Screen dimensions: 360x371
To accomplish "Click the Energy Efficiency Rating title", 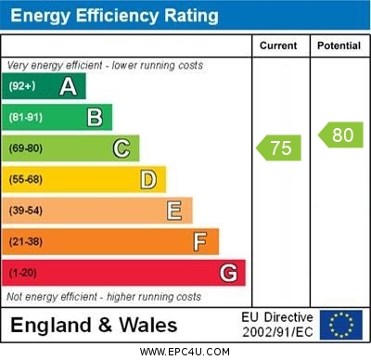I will tap(114, 16).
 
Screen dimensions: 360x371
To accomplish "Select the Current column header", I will tap(278, 45).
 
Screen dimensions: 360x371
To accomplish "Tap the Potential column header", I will tap(339, 45).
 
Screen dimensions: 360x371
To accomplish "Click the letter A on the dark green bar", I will tap(68, 86).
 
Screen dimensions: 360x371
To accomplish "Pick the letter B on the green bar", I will tap(95, 117).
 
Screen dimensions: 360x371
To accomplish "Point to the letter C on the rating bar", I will tap(122, 148).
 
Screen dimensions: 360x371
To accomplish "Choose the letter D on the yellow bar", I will tap(148, 179).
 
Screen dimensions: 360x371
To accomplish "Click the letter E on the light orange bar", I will tap(174, 211).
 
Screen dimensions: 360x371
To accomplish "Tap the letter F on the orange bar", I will tap(200, 242).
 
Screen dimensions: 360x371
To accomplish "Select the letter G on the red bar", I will tap(228, 273).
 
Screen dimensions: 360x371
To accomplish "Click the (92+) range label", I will tap(22, 86).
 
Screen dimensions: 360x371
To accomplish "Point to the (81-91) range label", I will tap(25, 117).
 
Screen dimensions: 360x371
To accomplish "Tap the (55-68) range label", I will tap(26, 179).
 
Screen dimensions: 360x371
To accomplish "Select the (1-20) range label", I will tap(23, 274).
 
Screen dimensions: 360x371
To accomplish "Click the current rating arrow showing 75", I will tap(279, 148).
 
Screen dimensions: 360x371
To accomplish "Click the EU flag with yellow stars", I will tap(341, 324).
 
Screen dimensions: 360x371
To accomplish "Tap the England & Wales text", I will tap(94, 325).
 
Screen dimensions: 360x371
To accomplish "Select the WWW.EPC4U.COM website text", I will tap(185, 352).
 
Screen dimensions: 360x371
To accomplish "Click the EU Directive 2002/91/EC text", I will tap(277, 325).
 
